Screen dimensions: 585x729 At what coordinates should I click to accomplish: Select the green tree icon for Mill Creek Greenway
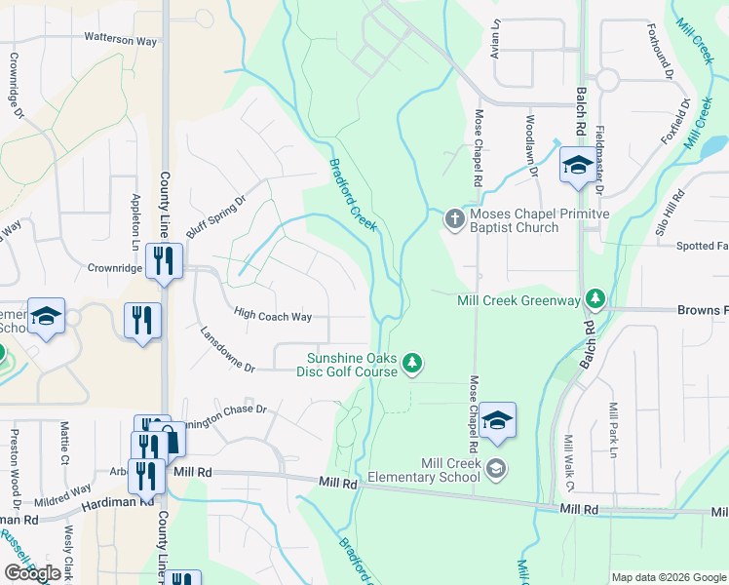593,300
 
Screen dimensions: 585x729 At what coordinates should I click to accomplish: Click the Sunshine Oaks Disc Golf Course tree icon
413,364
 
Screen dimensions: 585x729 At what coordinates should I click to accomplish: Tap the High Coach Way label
273,316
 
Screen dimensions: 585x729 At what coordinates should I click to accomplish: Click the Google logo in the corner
32,573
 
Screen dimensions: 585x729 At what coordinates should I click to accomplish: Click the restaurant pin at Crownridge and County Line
163,260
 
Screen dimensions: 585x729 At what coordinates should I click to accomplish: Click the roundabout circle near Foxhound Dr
608,80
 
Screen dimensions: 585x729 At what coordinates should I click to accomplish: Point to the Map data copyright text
669,577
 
